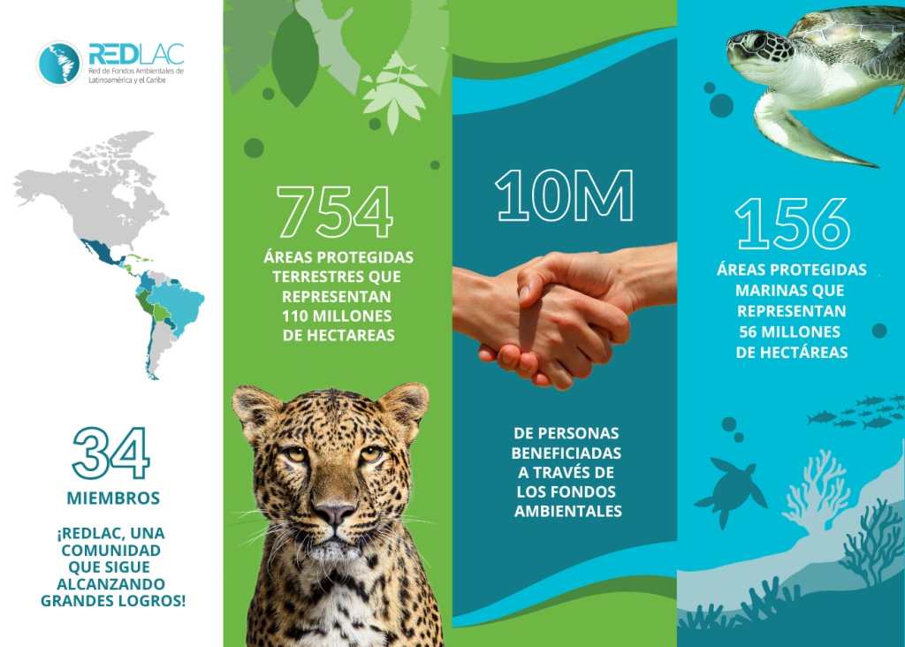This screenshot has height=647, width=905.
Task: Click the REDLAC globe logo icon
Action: coord(59,64)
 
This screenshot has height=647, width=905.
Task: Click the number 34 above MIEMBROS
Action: coord(110,453)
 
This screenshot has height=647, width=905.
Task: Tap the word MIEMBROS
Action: coord(113,499)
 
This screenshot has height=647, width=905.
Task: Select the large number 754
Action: coord(335,212)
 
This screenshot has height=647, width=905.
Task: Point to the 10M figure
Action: coord(564,195)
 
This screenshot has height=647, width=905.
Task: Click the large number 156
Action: coord(793,224)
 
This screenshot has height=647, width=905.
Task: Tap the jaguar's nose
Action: coord(334,512)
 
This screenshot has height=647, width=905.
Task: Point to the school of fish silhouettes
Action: coord(856,412)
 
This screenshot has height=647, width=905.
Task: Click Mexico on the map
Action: coord(99,252)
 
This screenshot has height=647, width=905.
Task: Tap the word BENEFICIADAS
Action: coord(567,453)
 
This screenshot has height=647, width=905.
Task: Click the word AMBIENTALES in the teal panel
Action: coord(568,512)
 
